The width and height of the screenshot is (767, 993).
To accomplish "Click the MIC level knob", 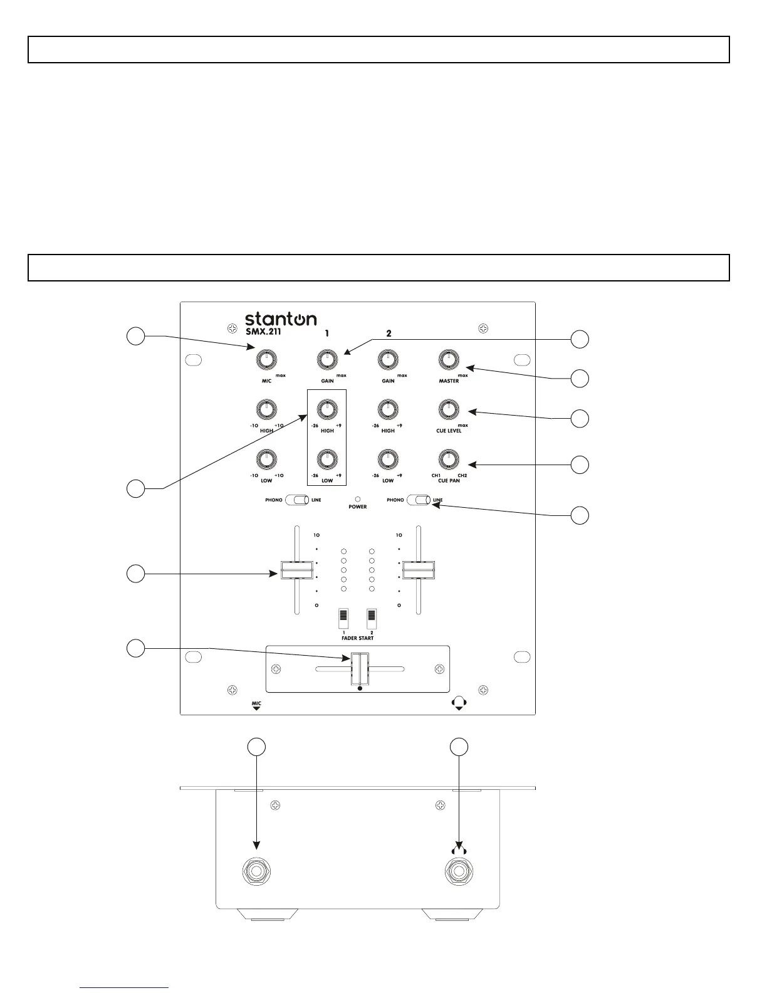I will (x=266, y=360).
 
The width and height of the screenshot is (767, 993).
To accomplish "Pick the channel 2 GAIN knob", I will (x=388, y=360).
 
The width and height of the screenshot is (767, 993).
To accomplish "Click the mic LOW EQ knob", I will (x=266, y=459).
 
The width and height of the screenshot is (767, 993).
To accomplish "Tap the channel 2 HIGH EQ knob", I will (x=388, y=409).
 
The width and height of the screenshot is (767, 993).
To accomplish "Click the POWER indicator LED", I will (x=358, y=499).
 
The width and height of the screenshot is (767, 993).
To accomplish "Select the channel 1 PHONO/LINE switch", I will (x=297, y=500).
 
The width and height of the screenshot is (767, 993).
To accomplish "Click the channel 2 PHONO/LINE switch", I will (x=419, y=500).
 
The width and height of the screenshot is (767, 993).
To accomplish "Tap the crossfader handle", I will (x=360, y=670).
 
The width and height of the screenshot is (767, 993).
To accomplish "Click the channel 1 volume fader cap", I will (x=296, y=570).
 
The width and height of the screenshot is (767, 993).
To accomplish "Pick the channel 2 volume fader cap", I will (x=419, y=570).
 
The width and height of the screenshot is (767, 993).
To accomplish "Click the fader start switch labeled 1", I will (x=343, y=619).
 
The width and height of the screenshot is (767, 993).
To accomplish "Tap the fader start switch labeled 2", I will (x=372, y=619).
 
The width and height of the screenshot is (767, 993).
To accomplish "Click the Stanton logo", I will (x=280, y=318).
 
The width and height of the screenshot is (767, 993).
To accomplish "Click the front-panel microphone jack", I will (x=257, y=870).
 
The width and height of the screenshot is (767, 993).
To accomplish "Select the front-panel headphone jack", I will (x=459, y=870).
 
